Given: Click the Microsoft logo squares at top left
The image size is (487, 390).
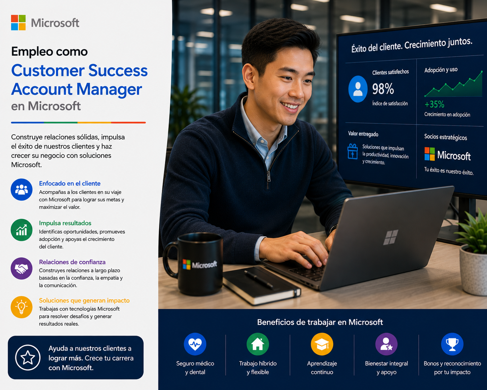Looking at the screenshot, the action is tap(18, 23).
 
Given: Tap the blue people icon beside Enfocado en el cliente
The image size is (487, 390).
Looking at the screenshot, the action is tap(22, 189).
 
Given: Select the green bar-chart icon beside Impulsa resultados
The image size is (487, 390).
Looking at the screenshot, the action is tap(22, 230).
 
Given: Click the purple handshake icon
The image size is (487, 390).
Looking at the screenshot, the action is tap(22, 268).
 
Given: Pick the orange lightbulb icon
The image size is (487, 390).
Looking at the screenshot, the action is tap(22, 307).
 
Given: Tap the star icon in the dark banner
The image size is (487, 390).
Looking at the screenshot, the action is tap(28, 358).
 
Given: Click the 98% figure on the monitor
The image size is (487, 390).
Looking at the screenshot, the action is tap(383, 89).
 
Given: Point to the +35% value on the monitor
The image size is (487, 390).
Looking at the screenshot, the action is tap(434, 104).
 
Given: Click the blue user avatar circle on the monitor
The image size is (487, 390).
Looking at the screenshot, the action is tap(358, 89).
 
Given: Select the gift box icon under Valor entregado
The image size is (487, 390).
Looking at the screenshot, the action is tap(353, 151).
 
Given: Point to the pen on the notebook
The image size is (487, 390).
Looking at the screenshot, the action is tap(259, 279).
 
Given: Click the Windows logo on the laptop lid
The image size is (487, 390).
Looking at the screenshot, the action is tap(390, 237).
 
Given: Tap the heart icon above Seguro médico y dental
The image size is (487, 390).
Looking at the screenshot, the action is tap(195, 344).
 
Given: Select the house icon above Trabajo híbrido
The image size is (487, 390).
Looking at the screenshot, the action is tap(257, 344).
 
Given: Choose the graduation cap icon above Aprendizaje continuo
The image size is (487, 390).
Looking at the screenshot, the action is tap(322, 344).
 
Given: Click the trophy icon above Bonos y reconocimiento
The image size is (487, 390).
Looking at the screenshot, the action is tap(452, 344).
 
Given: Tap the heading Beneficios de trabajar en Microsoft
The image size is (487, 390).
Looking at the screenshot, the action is tap(320, 322).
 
